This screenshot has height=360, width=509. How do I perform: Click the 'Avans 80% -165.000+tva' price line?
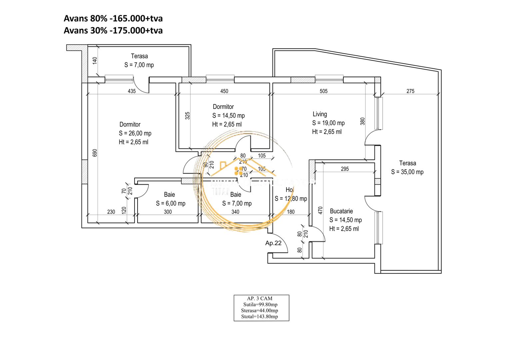point(113,18)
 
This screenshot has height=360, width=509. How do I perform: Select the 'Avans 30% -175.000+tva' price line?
point(113,31)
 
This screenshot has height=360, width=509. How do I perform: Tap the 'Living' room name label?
point(319,114)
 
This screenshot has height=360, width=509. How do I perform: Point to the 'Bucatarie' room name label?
point(341,211)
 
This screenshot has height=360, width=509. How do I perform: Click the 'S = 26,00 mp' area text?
point(135,133)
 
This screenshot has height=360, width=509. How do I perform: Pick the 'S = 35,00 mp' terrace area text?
point(407,172)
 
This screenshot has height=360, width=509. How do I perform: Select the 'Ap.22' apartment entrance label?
point(273,243)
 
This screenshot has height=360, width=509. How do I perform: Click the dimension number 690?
point(95,153)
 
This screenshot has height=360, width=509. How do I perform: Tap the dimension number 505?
point(323,91)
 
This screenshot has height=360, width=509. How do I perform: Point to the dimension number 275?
point(410,91)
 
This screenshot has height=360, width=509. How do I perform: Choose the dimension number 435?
point(132,91)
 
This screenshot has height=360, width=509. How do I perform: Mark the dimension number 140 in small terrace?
point(95,61)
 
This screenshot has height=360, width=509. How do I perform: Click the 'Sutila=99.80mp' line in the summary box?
point(260,304)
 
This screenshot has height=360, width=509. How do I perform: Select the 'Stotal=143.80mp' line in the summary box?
point(259,317)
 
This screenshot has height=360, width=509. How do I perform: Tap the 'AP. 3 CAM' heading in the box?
point(259,298)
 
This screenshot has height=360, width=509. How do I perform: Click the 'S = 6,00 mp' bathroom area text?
point(171,203)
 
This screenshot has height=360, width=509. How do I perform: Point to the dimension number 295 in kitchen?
point(345,169)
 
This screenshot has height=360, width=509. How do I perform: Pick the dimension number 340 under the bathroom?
point(235,212)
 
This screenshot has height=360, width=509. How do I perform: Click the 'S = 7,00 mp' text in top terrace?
point(139,65)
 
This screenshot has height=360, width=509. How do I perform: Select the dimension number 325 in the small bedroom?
point(188,116)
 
